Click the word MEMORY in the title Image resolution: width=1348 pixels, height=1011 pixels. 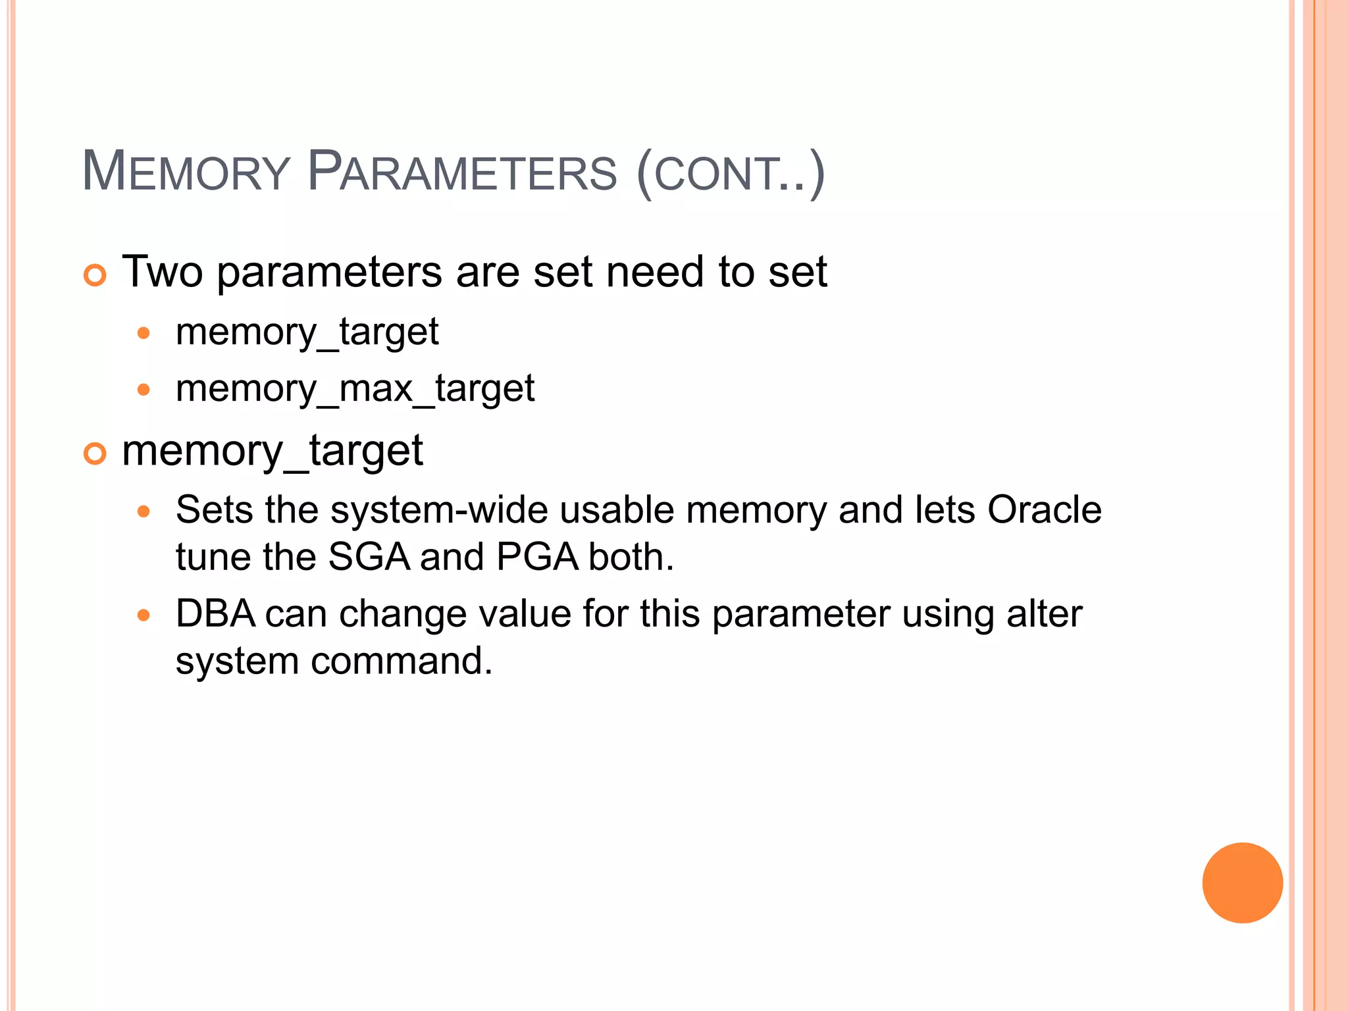pyautogui.click(x=186, y=172)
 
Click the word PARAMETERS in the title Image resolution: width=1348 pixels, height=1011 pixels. pyautogui.click(x=462, y=172)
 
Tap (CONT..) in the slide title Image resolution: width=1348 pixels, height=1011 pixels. pyautogui.click(x=731, y=174)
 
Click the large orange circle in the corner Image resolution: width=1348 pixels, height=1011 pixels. pyautogui.click(x=1242, y=883)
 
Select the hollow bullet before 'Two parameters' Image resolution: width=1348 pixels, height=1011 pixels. pyautogui.click(x=95, y=274)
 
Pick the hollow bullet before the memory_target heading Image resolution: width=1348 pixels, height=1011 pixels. pyautogui.click(x=95, y=454)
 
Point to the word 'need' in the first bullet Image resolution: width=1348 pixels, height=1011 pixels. pyautogui.click(x=656, y=272)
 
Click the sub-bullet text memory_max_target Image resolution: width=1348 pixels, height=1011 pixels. pyautogui.click(x=355, y=388)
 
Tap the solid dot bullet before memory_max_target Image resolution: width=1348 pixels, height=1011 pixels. pyautogui.click(x=143, y=390)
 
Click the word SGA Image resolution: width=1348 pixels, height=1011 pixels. pyautogui.click(x=369, y=557)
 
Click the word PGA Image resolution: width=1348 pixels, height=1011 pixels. pyautogui.click(x=537, y=557)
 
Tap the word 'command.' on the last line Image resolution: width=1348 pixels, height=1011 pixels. pyautogui.click(x=402, y=661)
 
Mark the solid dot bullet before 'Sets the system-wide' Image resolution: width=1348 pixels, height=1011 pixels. pyautogui.click(x=143, y=511)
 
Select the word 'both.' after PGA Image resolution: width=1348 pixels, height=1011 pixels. pyautogui.click(x=631, y=557)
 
